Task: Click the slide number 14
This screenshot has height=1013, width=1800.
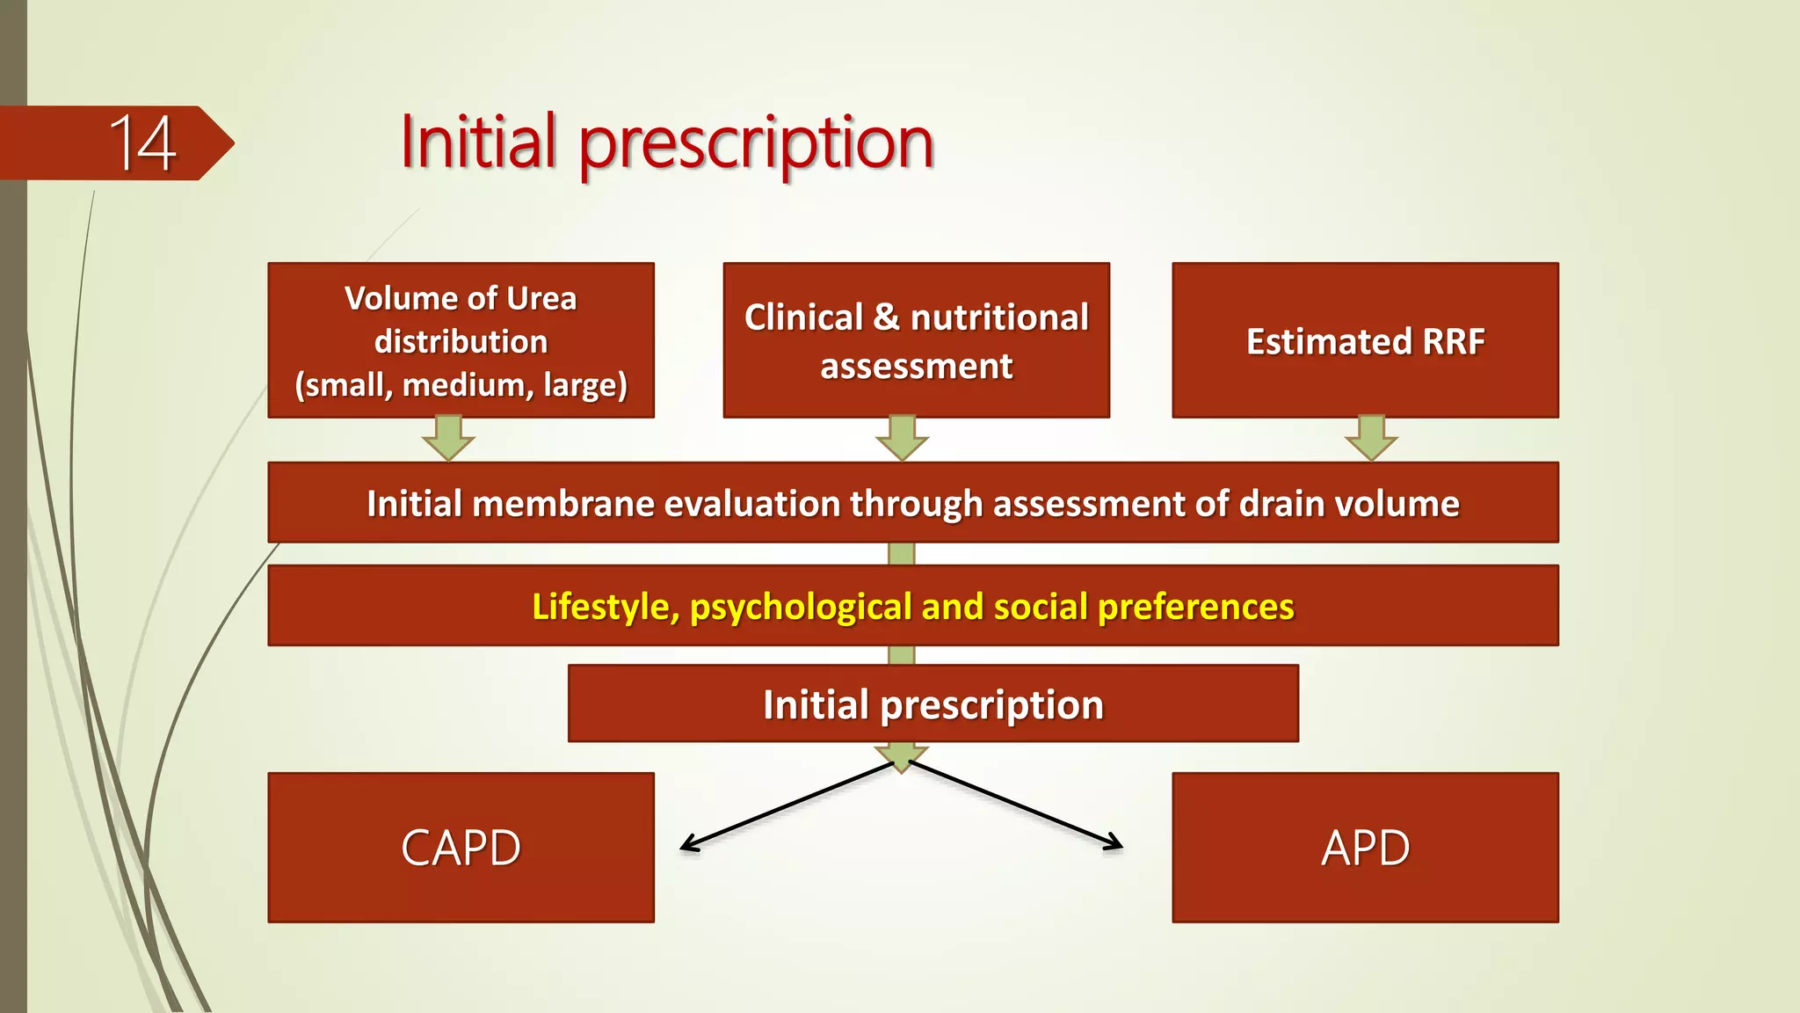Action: (142, 143)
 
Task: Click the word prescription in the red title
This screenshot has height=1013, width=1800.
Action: (756, 143)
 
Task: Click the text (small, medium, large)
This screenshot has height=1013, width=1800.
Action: (461, 385)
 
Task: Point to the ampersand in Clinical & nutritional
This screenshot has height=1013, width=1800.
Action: (886, 317)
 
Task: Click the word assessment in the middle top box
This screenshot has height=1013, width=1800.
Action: (916, 366)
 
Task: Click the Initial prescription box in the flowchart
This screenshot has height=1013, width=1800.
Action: (933, 704)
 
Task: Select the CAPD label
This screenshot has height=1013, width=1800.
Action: (461, 848)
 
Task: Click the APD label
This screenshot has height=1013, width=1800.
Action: (1365, 848)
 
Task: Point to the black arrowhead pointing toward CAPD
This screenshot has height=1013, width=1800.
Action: (688, 846)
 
